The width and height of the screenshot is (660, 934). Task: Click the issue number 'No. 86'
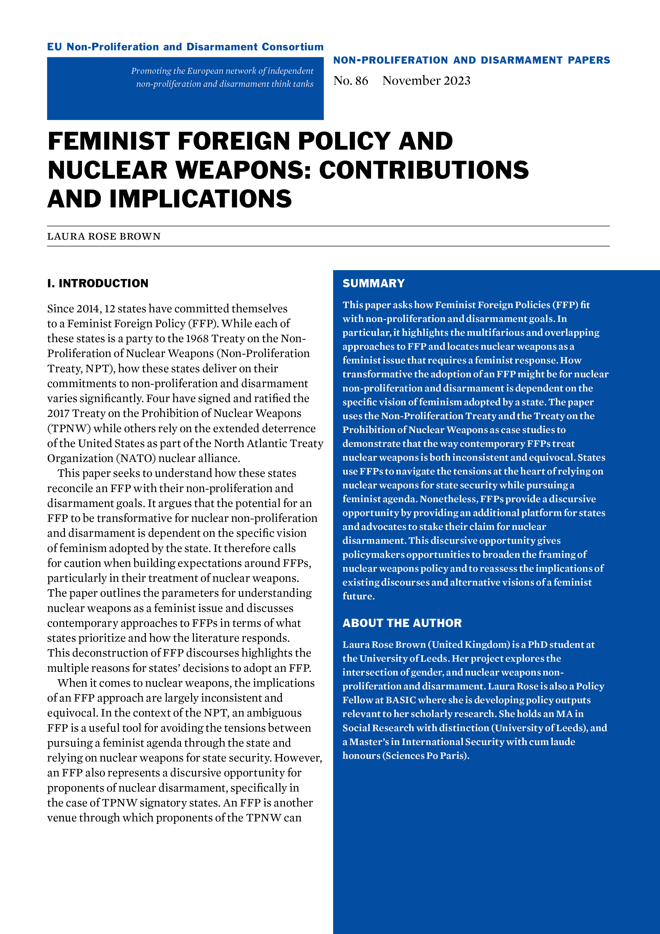tap(350, 81)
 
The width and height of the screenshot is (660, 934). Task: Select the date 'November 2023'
tap(426, 81)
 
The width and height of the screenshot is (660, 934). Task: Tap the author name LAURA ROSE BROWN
tap(104, 236)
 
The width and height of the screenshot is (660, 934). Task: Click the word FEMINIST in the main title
tap(108, 141)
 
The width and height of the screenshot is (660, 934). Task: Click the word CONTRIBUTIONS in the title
tap(424, 170)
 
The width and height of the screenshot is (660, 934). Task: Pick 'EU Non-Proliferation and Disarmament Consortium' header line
tap(185, 47)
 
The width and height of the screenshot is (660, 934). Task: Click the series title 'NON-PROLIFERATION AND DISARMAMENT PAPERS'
tap(471, 60)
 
